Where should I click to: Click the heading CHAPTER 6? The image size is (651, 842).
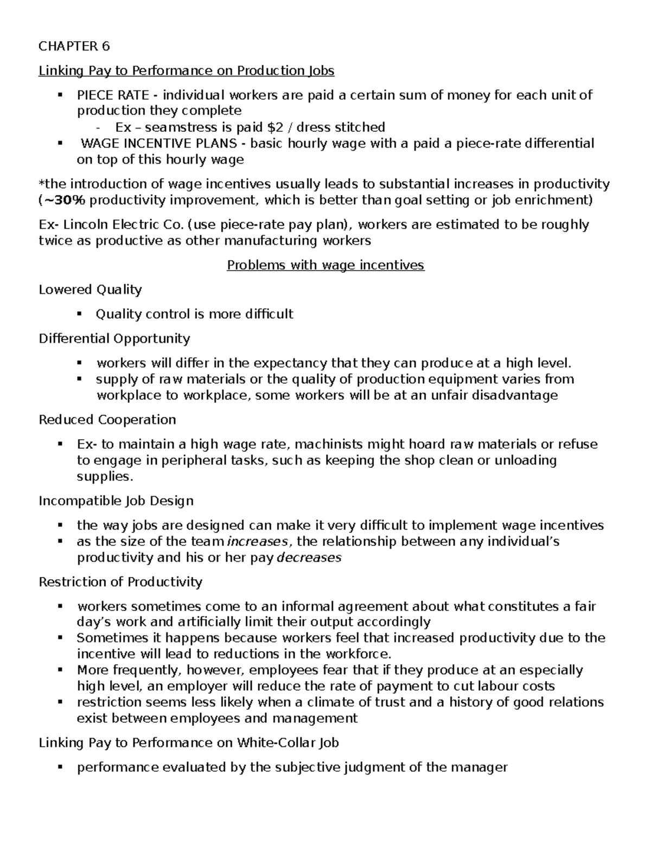[x=74, y=47]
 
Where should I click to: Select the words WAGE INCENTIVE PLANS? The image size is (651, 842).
[x=159, y=144]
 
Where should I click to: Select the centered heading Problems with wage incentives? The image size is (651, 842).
[x=325, y=265]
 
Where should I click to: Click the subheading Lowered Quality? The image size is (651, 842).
[x=90, y=290]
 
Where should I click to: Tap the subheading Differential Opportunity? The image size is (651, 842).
[x=114, y=339]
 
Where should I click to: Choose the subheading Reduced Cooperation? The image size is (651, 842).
[x=107, y=420]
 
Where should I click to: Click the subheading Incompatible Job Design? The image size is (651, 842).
[x=116, y=500]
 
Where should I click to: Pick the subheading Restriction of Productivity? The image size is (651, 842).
[x=120, y=582]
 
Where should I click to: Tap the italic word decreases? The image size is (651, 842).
[x=309, y=557]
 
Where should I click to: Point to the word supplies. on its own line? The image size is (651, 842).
[x=105, y=477]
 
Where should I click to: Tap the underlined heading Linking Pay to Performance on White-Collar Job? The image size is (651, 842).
[x=189, y=743]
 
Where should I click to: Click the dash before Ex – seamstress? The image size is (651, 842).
[x=98, y=128]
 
